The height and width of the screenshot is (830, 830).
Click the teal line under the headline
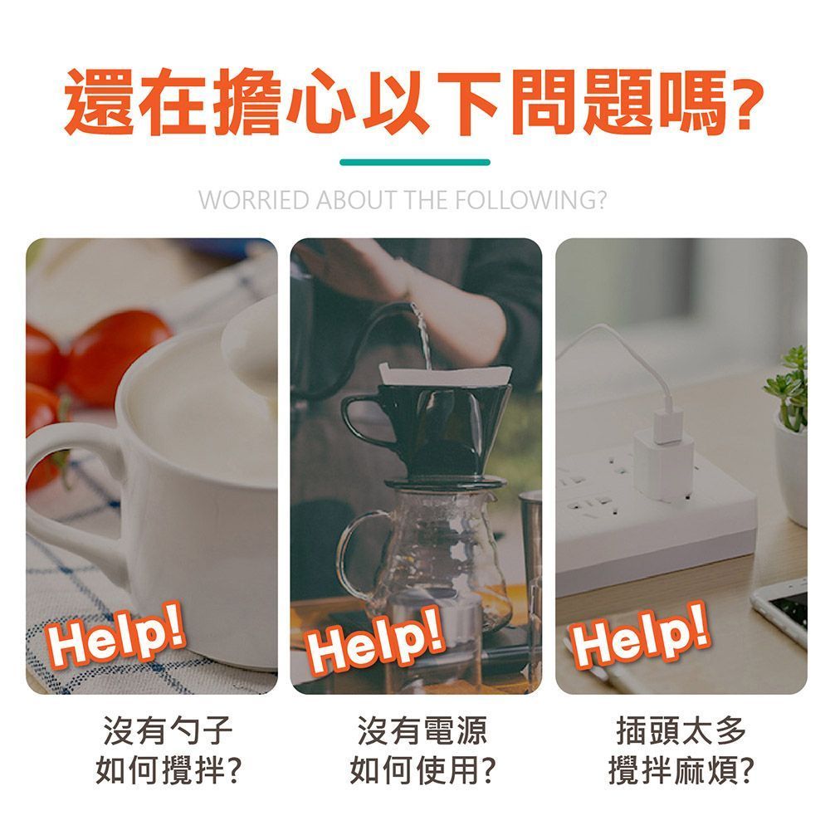[415, 162]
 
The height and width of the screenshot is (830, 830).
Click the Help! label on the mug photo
[116, 633]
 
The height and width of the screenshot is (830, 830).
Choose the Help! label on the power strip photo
[640, 635]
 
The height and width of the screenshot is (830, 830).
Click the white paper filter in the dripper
[445, 375]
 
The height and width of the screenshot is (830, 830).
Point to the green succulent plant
[787, 389]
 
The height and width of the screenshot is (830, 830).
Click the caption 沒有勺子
[168, 730]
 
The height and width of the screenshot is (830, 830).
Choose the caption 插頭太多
[681, 730]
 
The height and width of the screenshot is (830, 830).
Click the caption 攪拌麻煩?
[681, 769]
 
